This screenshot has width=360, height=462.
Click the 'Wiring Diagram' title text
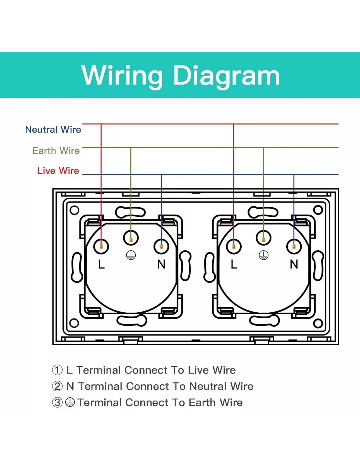(181, 75)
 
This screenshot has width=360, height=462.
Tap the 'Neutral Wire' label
(53, 130)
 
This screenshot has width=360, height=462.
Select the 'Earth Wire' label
(56, 151)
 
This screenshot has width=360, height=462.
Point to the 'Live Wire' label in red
(58, 171)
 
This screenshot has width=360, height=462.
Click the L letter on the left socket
(101, 264)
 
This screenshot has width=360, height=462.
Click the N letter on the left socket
(161, 264)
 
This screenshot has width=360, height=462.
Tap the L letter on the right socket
(234, 264)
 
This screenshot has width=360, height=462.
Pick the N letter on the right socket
(294, 264)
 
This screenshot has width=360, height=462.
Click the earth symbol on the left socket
(131, 255)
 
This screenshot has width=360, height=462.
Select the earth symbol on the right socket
(263, 255)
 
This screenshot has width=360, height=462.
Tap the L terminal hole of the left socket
(101, 246)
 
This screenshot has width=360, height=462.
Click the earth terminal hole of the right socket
(263, 238)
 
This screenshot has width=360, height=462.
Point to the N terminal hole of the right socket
(294, 246)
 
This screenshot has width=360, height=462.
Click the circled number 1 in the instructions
(57, 370)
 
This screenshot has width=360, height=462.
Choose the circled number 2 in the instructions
(57, 386)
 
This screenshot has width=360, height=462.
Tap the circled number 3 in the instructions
(57, 403)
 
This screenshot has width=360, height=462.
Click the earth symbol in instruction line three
(70, 403)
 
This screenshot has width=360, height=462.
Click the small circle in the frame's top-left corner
(74, 210)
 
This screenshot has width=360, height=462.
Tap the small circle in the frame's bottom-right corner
(318, 324)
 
